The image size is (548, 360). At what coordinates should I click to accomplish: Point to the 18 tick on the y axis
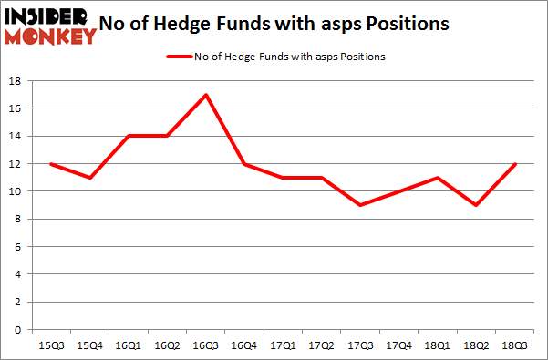(17, 81)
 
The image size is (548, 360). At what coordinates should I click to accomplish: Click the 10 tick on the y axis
(17, 191)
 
